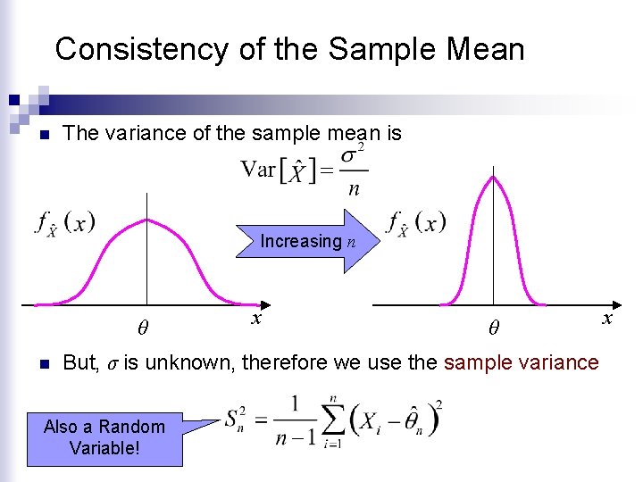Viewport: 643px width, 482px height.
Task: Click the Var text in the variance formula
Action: tap(258, 169)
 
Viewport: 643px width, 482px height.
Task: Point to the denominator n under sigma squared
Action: tap(354, 189)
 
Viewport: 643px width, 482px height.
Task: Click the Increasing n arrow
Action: tap(304, 241)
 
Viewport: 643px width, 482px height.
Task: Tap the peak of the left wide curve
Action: tap(146, 220)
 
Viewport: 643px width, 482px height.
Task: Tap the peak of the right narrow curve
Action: tap(492, 176)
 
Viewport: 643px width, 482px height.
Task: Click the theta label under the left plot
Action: tap(143, 328)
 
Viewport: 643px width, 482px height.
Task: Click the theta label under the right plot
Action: tap(493, 328)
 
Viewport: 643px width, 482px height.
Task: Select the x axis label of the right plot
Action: tap(608, 318)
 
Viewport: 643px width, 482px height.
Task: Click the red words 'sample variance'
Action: tap(521, 362)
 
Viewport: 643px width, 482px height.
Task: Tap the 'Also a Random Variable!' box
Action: tap(104, 436)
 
